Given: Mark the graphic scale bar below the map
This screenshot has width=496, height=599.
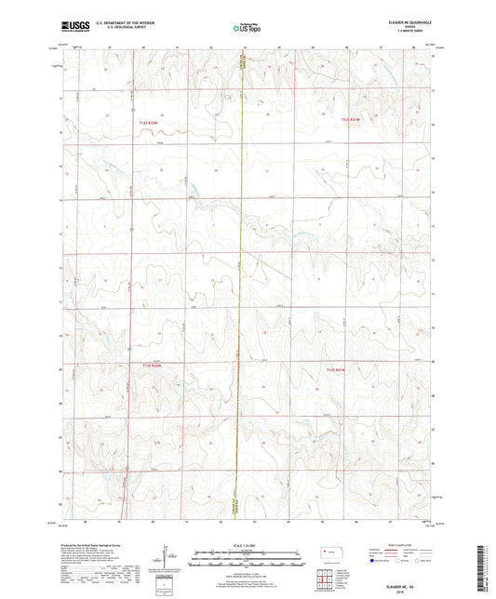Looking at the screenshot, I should pyautogui.click(x=247, y=556).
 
